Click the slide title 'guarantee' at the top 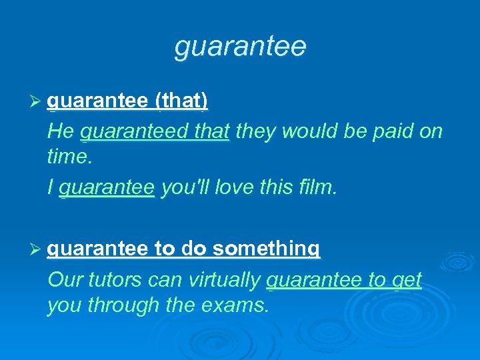pyautogui.click(x=240, y=47)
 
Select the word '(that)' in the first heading pyautogui.click(x=181, y=101)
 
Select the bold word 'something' pyautogui.click(x=267, y=249)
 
